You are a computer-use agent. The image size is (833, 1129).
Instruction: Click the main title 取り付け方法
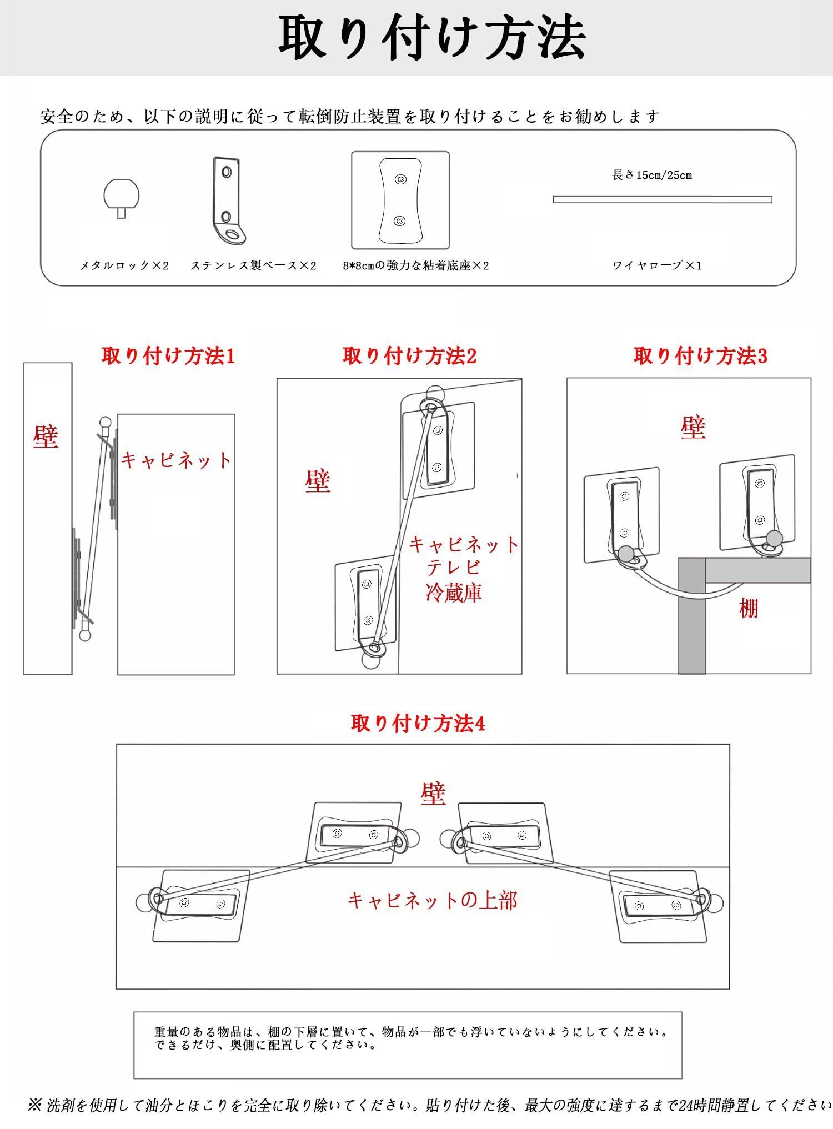click(431, 38)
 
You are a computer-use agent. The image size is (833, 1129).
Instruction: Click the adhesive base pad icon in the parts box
click(400, 200)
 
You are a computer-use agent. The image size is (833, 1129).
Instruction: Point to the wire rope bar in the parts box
click(663, 199)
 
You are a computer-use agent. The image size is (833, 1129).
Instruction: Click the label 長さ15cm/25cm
click(652, 175)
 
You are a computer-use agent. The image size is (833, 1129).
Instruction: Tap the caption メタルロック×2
click(124, 265)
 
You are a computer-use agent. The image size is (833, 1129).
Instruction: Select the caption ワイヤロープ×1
click(657, 265)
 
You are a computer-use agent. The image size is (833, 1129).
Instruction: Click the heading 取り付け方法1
click(168, 356)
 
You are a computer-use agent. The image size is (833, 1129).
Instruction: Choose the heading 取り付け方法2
click(409, 356)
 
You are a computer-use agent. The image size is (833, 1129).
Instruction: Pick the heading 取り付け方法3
click(700, 356)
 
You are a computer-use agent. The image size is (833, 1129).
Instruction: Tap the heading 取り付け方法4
click(418, 723)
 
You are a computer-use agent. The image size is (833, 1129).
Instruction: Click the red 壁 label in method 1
click(46, 436)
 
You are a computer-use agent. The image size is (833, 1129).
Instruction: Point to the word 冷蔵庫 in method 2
click(453, 592)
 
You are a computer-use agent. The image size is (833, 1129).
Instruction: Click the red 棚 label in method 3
click(749, 609)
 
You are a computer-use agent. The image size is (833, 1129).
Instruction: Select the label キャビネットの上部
click(432, 900)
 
